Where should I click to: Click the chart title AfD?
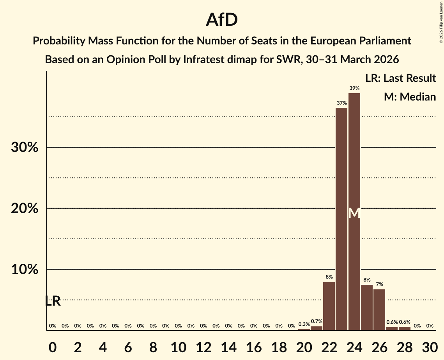(222, 20)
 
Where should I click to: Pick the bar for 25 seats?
(367, 307)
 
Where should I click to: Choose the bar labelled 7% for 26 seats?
(379, 309)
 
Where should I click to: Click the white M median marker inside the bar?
(354, 213)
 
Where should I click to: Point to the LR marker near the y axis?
(53, 301)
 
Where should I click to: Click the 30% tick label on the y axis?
(25, 148)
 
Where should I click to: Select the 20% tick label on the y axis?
(25, 209)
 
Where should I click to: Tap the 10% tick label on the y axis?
(25, 270)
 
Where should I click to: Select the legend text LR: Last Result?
(400, 78)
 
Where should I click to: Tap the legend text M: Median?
(410, 97)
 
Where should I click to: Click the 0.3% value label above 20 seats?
(304, 324)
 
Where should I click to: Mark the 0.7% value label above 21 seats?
(317, 321)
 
